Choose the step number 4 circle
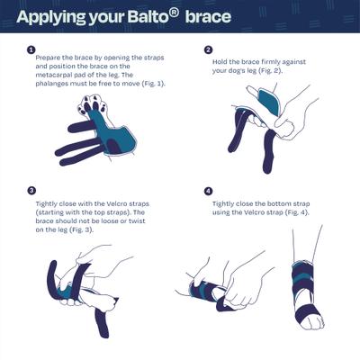tap(208, 191)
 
